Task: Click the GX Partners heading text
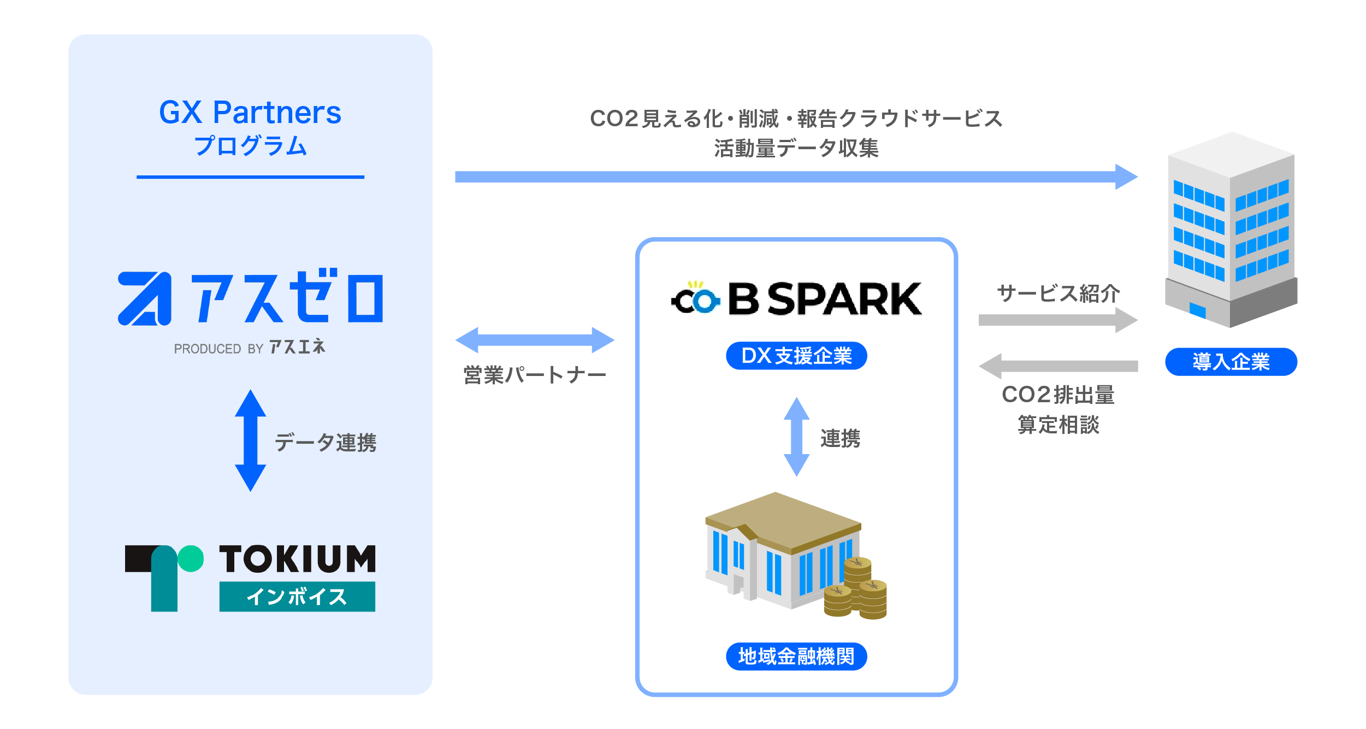(x=250, y=113)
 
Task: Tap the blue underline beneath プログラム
(x=250, y=177)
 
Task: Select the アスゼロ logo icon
(x=145, y=298)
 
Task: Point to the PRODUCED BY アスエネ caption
(x=250, y=348)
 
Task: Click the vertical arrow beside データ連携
(x=250, y=440)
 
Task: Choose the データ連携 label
(x=326, y=442)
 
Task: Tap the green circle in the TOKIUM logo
(x=191, y=558)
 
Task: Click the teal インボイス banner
(x=297, y=596)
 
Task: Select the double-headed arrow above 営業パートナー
(x=535, y=340)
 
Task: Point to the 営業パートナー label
(x=535, y=375)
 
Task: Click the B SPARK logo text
(x=825, y=299)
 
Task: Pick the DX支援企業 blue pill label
(x=796, y=356)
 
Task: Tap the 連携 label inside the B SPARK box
(x=840, y=438)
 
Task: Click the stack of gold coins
(x=855, y=588)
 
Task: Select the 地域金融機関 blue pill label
(x=796, y=656)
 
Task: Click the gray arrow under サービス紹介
(x=1058, y=320)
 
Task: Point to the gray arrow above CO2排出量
(x=1058, y=366)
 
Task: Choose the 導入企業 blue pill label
(x=1231, y=362)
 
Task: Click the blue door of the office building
(x=1197, y=310)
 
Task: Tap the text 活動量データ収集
(x=796, y=148)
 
